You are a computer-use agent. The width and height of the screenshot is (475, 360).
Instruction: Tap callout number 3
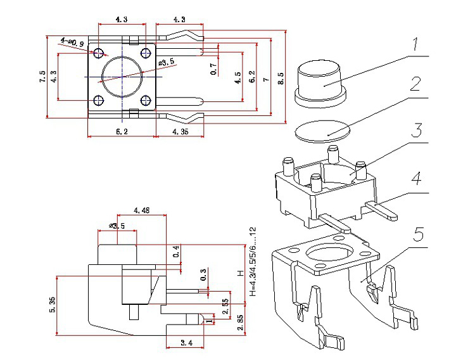[415, 131]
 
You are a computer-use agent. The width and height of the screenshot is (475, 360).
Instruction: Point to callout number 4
[415, 179]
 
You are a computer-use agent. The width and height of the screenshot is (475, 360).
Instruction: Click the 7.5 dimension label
[42, 77]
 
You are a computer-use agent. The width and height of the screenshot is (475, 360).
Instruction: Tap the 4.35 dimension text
[179, 131]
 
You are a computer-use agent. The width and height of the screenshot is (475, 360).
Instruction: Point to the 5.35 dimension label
[50, 305]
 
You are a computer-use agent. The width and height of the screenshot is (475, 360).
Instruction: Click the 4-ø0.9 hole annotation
[73, 42]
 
